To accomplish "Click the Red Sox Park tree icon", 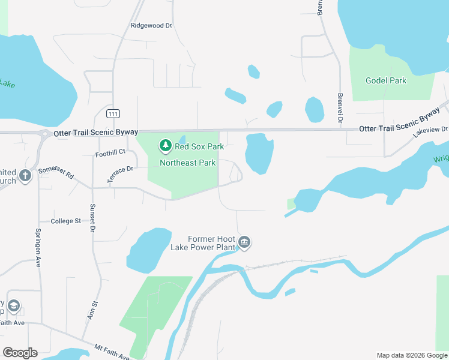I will [166, 146].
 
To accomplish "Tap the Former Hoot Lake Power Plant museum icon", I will [244, 242].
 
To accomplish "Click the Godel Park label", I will [386, 81].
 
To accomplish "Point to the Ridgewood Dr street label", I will [151, 26].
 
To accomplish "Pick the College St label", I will [66, 221].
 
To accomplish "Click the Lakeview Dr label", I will [430, 132].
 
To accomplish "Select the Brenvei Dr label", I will [340, 108].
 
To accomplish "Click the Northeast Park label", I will [187, 163].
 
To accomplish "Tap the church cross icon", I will [25, 176].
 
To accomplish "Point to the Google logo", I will [20, 353].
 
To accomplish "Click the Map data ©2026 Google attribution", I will [412, 355].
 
